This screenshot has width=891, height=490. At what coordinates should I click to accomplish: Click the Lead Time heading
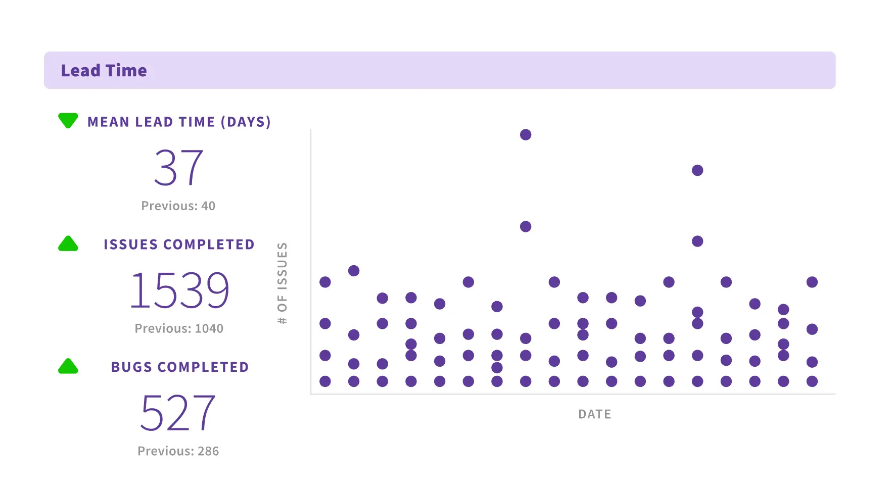point(104,71)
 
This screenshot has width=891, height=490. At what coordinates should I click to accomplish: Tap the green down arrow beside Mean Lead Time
point(68,120)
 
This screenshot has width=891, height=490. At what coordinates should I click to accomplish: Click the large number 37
point(178,168)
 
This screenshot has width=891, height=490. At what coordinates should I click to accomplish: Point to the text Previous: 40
point(178,206)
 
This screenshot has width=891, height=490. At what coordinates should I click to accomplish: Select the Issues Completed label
point(179,244)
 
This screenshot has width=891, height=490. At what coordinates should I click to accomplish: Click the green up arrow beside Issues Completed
point(68,244)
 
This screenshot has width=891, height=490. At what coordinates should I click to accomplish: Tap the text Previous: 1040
point(179,329)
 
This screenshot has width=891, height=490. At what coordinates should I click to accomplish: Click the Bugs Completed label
point(180,367)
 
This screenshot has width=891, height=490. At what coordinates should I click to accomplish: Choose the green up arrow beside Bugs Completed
point(68,367)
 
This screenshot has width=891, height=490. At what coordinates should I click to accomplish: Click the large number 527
point(178,413)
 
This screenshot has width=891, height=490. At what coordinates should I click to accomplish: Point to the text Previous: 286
point(178,451)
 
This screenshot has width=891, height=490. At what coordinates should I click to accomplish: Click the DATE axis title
point(595,415)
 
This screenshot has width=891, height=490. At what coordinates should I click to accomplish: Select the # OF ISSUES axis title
point(282,283)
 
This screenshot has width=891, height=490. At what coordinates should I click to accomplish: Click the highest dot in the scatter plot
point(526,135)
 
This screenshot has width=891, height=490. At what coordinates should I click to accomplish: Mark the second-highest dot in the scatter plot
point(697,170)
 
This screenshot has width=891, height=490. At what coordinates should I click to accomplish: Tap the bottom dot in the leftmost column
point(325,381)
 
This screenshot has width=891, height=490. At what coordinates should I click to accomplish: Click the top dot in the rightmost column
point(812,282)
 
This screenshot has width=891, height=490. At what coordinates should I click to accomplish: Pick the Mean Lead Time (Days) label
point(179,122)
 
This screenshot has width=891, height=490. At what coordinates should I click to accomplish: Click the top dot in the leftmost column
point(325,282)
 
